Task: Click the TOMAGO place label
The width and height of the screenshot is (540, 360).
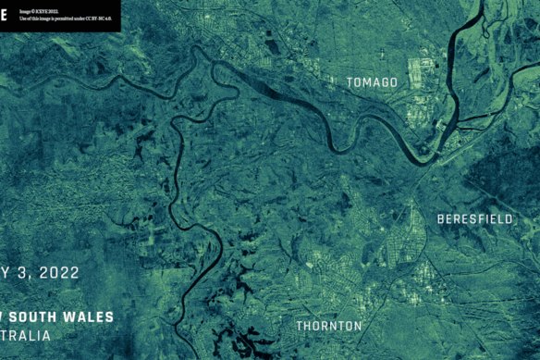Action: tap(372, 82)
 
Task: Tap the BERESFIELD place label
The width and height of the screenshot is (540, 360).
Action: tap(475, 218)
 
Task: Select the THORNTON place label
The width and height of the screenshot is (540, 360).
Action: tap(328, 326)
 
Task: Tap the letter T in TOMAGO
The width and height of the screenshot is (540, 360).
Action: tap(350, 82)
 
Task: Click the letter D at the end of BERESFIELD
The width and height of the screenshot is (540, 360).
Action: tap(509, 218)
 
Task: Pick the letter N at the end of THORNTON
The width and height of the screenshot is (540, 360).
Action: tap(358, 326)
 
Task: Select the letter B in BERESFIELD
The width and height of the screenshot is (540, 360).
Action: tap(441, 218)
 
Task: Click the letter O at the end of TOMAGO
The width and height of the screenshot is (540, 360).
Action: tap(394, 82)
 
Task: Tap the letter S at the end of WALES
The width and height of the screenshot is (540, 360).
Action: tap(110, 317)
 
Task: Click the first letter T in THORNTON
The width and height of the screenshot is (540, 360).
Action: tap(300, 326)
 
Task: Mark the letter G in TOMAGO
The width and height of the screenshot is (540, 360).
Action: tap(385, 82)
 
